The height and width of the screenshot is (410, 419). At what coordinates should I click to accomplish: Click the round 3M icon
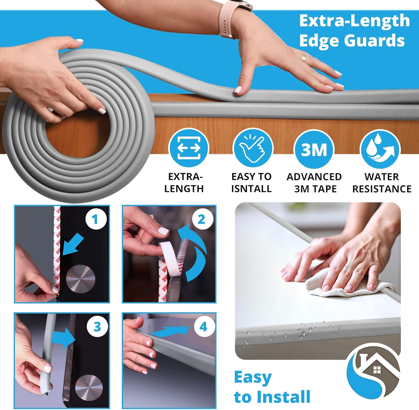tap(314, 149)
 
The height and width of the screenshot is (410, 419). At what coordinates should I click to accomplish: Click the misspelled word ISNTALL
tap(251, 189)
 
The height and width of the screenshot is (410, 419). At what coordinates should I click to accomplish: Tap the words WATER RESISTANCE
tap(382, 183)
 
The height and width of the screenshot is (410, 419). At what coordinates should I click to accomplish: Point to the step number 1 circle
tap(96, 219)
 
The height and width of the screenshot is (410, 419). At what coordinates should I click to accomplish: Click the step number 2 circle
tap(202, 220)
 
